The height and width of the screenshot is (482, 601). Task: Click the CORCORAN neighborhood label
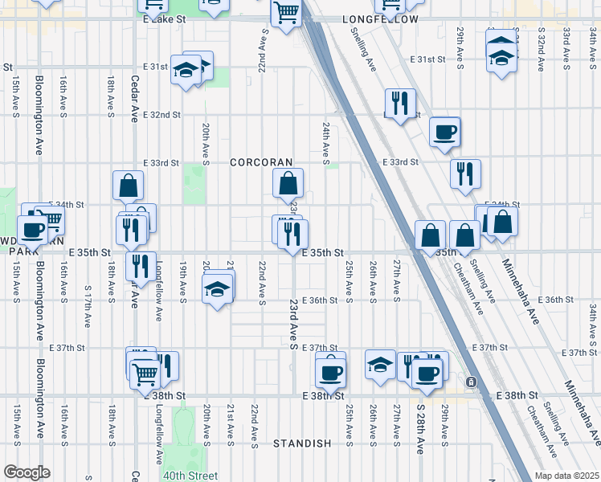point(261,162)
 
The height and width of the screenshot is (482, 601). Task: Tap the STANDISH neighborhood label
point(302,443)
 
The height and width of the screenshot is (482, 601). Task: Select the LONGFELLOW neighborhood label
point(380,18)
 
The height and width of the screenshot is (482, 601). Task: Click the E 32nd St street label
point(161,115)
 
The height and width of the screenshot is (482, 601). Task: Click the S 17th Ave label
point(87,306)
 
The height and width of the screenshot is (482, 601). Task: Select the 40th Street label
point(191,476)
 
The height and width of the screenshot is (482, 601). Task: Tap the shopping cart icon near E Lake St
point(286,13)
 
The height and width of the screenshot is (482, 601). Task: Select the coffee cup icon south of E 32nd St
point(444,132)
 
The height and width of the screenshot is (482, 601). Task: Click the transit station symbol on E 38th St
point(472,382)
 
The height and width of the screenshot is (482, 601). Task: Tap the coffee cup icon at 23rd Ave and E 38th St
point(329,371)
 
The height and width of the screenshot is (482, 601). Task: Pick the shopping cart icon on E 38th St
point(145,373)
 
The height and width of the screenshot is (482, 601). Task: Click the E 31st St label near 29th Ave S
point(427,59)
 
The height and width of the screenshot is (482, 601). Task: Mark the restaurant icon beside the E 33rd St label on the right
point(465,174)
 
